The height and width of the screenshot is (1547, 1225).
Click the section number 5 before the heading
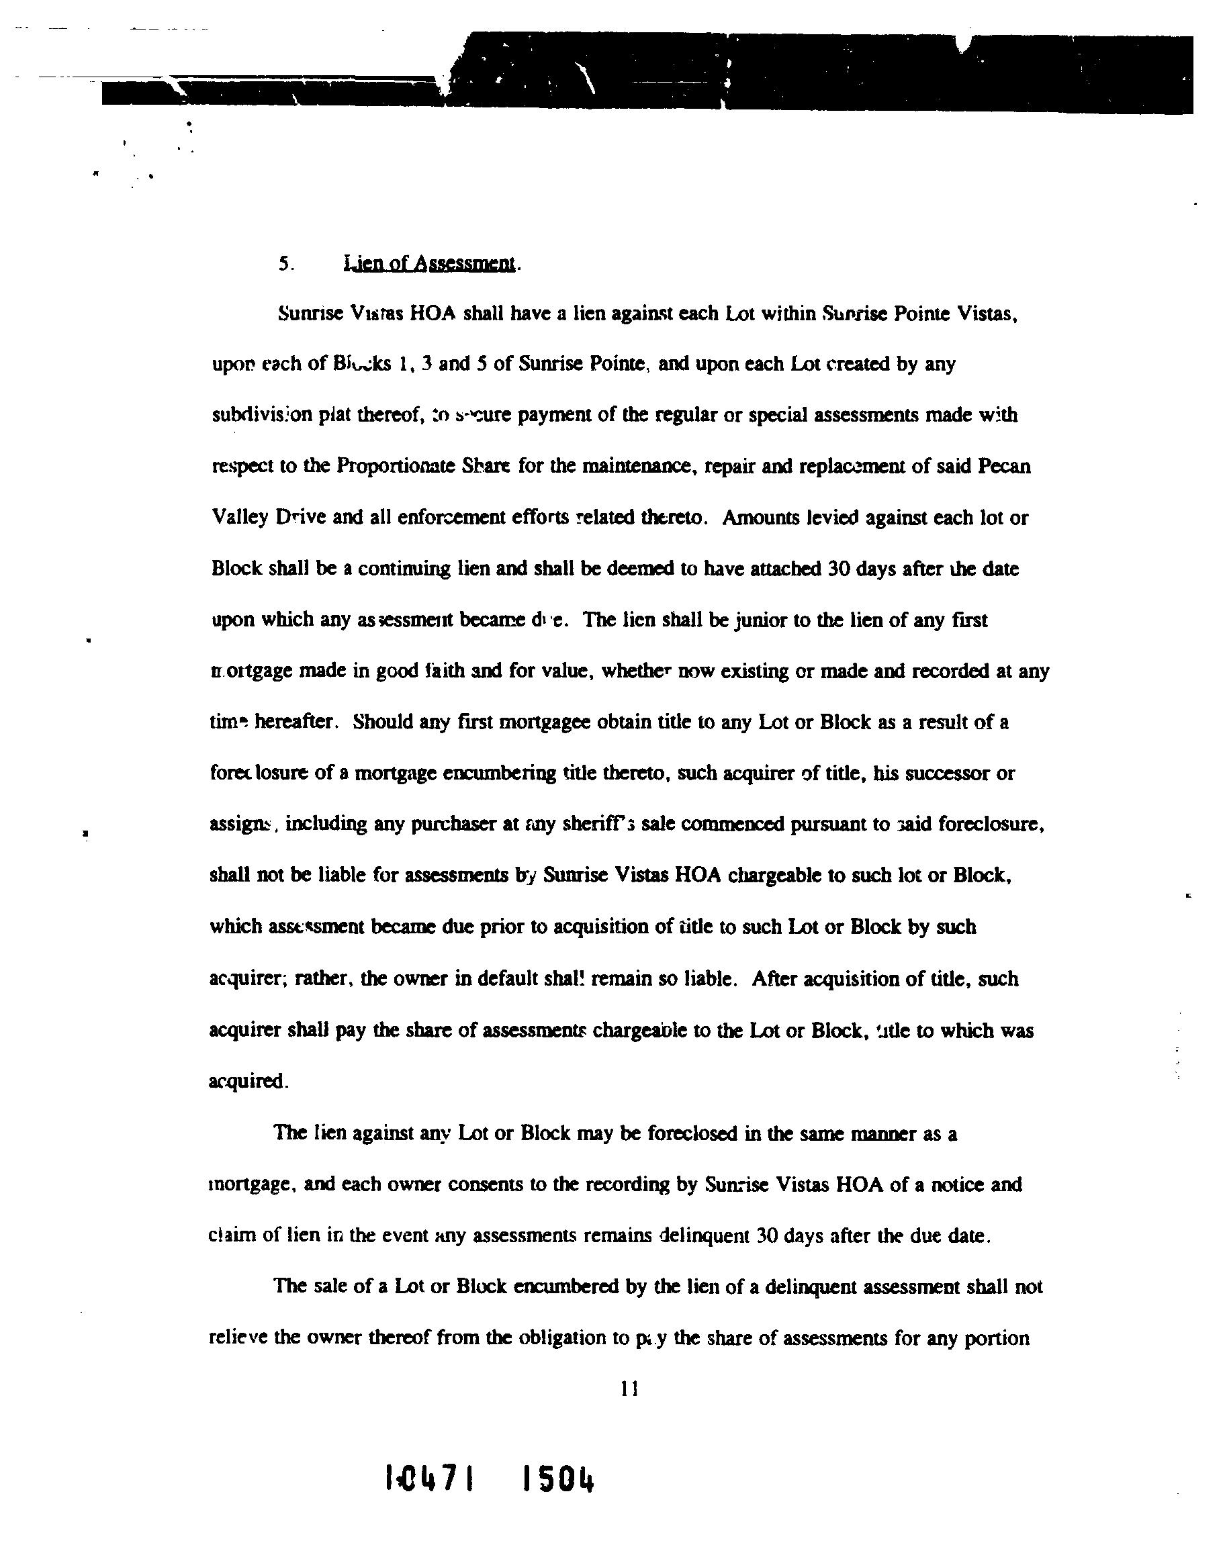[x=284, y=265]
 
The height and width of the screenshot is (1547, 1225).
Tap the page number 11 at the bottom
[x=630, y=1389]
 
